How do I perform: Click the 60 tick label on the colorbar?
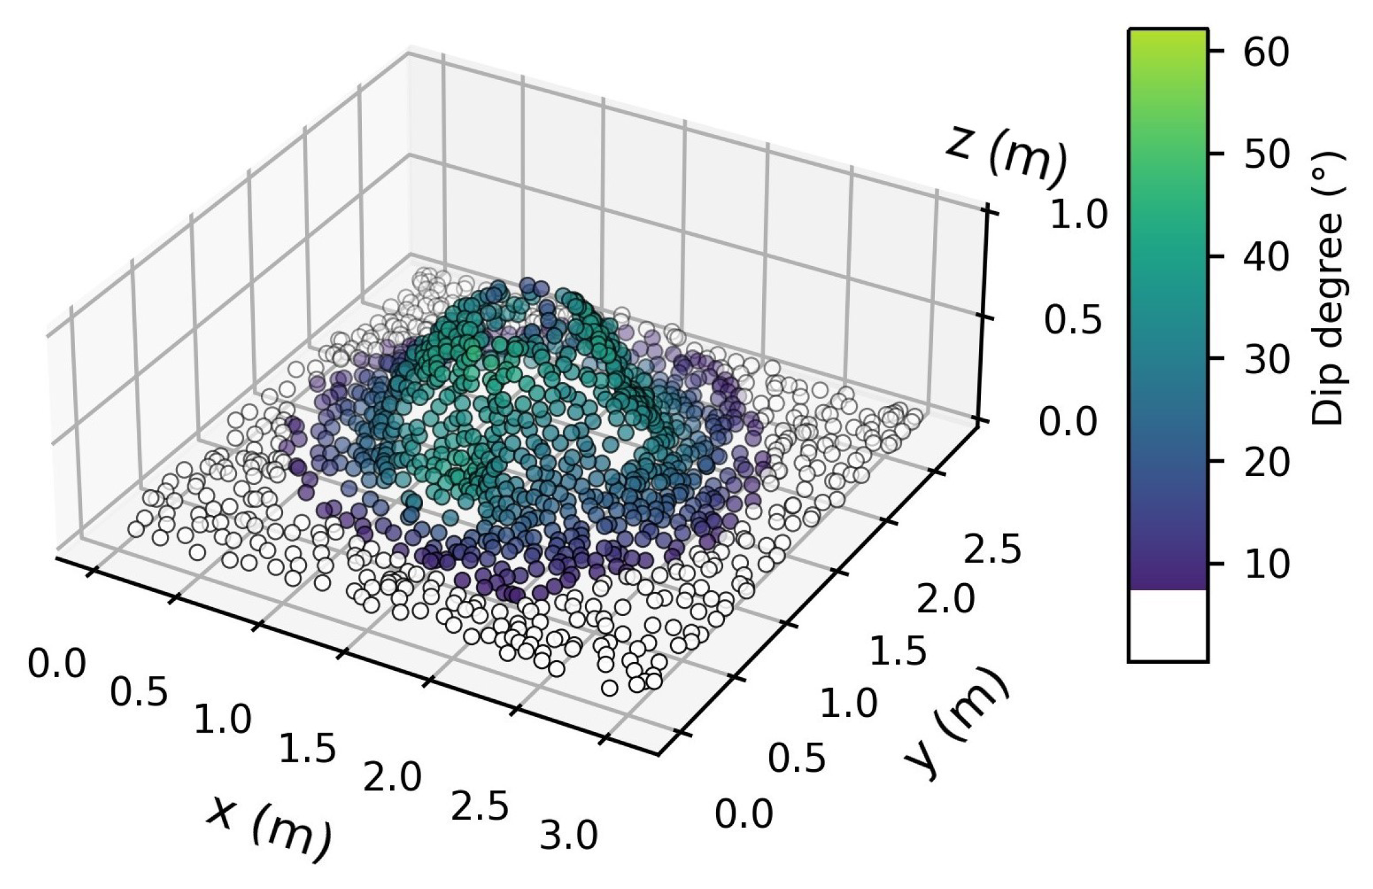tap(1266, 52)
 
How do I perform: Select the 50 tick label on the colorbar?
tap(1266, 154)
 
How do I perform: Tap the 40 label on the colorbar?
tap(1266, 257)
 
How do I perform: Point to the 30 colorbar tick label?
tap(1266, 360)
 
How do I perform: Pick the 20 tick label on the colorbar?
tap(1266, 463)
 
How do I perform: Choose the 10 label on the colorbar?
tap(1266, 565)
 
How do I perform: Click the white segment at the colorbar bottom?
tap(1167, 625)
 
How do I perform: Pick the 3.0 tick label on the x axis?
tap(568, 836)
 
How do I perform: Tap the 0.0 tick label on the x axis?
tap(57, 664)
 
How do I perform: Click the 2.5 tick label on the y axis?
tap(992, 549)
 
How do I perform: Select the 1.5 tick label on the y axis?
tap(898, 651)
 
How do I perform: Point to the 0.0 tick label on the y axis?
tap(744, 814)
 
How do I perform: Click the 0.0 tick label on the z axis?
tap(1068, 422)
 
